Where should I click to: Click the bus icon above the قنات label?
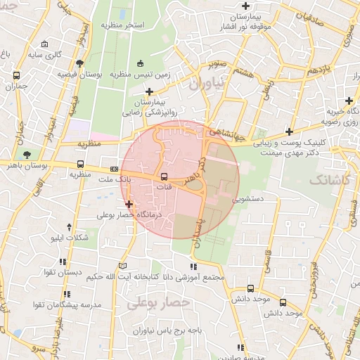pos(164,176)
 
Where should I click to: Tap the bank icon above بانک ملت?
pos(114,169)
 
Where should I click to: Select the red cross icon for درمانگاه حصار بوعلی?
pos(129,204)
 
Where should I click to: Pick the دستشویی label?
pos(249,199)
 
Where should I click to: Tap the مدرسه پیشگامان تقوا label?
pos(58,304)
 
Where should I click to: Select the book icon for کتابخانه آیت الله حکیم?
pos(124,266)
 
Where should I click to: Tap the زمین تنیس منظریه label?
pos(146,73)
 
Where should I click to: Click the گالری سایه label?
pos(58,53)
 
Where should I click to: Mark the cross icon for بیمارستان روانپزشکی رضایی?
pos(148,91)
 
